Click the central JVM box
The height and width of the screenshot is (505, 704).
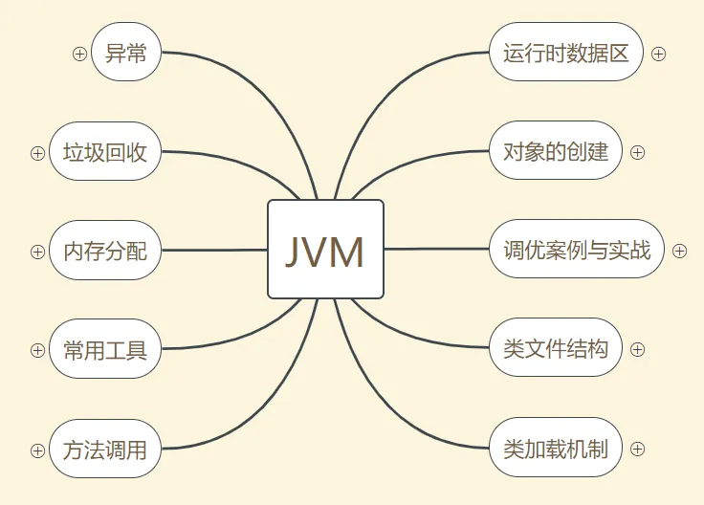point(325,249)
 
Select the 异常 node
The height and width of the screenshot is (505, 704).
point(126,52)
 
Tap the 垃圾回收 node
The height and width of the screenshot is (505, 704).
point(105,151)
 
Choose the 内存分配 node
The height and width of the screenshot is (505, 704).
point(105,250)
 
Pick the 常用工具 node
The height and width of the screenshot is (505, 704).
point(105,349)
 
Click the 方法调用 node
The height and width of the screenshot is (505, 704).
point(105,449)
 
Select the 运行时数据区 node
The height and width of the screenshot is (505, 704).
point(565,52)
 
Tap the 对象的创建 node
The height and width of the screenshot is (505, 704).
point(556,151)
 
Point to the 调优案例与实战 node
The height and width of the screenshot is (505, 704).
point(576,249)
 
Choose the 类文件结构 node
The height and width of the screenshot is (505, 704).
point(556,348)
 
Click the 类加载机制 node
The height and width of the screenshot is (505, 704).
point(556,448)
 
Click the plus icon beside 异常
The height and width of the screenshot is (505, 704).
point(79,54)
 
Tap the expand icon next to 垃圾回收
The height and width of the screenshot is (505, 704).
point(37,153)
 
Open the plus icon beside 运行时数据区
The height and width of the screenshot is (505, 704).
point(658,54)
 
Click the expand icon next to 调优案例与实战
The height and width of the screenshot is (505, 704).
point(679,251)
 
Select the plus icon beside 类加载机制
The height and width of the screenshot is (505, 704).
point(638,449)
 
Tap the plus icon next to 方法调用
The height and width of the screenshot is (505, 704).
point(37,450)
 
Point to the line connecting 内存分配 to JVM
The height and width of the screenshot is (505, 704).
point(214,250)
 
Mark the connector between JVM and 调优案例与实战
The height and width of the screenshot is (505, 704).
point(436,249)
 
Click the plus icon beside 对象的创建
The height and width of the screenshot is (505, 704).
point(638,153)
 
